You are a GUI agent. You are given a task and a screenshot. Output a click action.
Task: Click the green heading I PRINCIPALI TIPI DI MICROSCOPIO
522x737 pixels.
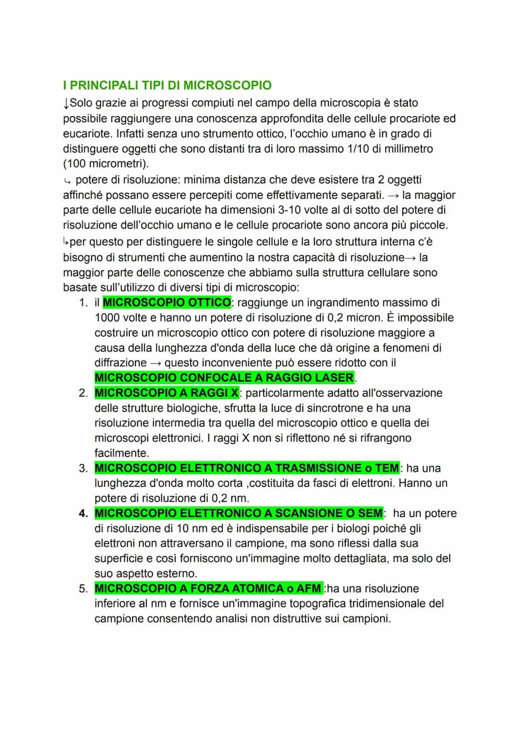click(167, 85)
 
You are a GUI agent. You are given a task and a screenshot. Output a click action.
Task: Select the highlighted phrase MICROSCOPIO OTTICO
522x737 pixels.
click(167, 303)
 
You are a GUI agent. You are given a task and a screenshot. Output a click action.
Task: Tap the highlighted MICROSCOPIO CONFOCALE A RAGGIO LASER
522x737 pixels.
click(224, 378)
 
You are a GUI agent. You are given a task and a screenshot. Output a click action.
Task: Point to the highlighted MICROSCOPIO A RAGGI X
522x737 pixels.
click(167, 393)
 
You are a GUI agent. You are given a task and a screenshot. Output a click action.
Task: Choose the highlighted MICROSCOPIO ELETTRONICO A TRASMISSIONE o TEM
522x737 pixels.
click(246, 468)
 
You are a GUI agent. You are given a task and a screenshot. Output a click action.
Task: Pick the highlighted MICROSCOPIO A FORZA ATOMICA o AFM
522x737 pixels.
click(208, 588)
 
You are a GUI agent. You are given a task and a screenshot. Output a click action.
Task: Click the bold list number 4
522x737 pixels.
click(83, 513)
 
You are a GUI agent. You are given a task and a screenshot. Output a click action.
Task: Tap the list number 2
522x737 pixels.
click(83, 393)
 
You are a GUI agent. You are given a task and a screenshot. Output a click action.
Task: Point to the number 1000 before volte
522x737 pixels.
click(107, 318)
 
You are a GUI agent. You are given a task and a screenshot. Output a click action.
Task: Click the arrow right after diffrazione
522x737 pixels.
click(155, 363)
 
